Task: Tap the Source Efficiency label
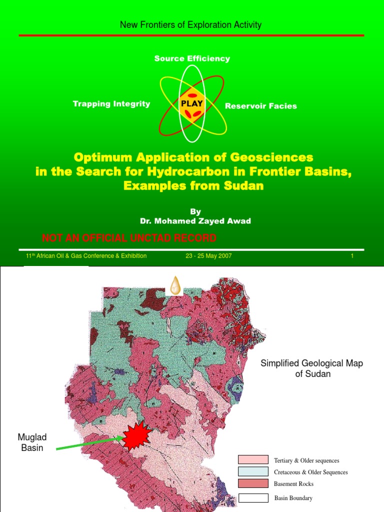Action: point(192,58)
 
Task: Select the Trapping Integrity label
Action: point(111,103)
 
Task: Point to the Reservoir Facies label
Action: point(260,106)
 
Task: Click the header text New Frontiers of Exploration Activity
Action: point(190,24)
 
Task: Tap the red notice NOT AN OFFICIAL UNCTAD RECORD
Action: point(129,237)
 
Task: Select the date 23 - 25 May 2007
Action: point(208,256)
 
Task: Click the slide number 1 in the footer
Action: point(352,256)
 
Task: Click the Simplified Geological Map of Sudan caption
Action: point(311,368)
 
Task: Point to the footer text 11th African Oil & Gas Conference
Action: point(86,256)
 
